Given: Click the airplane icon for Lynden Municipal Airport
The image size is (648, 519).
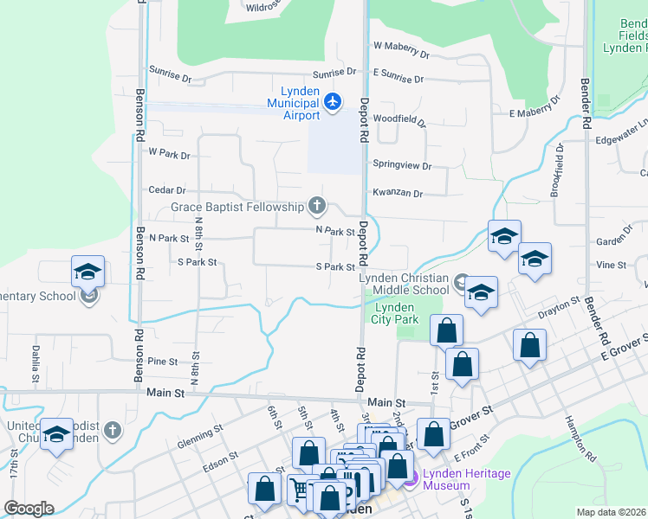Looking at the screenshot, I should pyautogui.click(x=333, y=102).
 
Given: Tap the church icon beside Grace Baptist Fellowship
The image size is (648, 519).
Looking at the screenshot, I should pyautogui.click(x=317, y=206).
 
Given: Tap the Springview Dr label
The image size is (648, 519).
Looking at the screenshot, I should pyautogui.click(x=401, y=164).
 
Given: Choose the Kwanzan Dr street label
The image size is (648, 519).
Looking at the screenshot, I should pyautogui.click(x=398, y=194).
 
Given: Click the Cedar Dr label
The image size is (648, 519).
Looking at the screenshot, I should pyautogui.click(x=167, y=190).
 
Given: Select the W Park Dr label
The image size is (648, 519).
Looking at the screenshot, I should pyautogui.click(x=169, y=154).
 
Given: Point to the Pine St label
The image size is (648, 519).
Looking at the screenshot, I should pyautogui.click(x=162, y=362).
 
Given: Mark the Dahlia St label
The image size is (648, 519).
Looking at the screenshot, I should pyautogui.click(x=36, y=364).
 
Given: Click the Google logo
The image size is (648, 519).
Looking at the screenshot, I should pyautogui.click(x=29, y=509).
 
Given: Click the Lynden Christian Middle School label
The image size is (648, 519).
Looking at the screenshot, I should pyautogui.click(x=405, y=284).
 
